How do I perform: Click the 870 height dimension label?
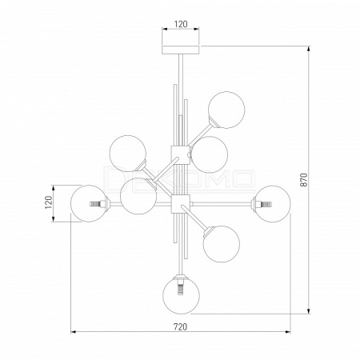point(305,179)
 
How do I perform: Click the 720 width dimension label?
point(181,326)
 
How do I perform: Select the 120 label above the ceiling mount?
point(181,24)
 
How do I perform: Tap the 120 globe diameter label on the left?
point(48,202)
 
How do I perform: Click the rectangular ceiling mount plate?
point(181,50)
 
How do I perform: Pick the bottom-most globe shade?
point(181,295)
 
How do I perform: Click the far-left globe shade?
point(89,203)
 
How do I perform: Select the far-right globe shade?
point(272,204)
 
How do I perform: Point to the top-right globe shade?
point(226,110)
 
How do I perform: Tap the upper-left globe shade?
point(128,154)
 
